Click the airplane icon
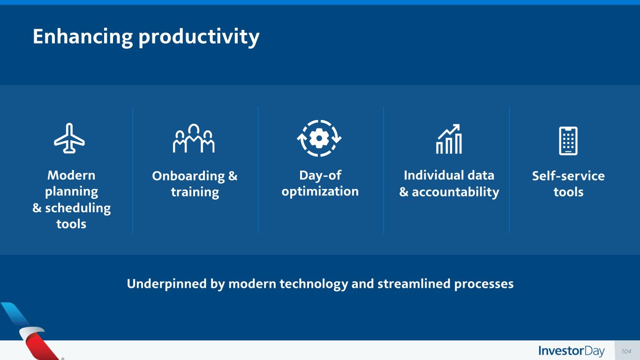click(69, 138)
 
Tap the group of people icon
click(194, 139)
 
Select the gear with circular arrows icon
click(319, 138)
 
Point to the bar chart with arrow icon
click(449, 139)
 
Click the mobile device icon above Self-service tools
click(568, 141)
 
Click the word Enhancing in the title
click(83, 37)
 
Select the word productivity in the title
click(199, 37)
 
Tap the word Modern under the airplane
click(71, 175)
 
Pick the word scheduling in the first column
click(78, 208)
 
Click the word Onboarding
click(188, 176)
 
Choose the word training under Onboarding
click(195, 192)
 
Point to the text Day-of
click(320, 175)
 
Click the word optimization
click(320, 191)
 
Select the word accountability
click(455, 192)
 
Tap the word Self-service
click(568, 176)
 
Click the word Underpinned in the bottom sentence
click(166, 284)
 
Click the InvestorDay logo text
click(572, 351)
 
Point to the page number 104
click(626, 351)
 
